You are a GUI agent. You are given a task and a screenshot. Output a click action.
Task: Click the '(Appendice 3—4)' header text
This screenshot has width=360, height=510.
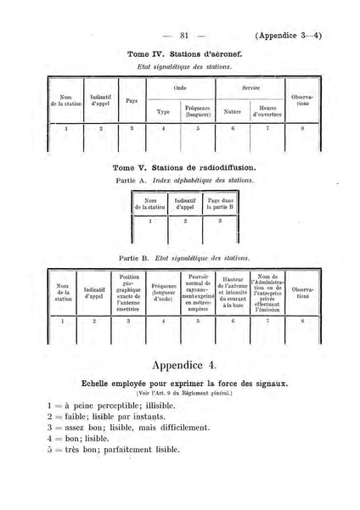pyautogui.click(x=293, y=36)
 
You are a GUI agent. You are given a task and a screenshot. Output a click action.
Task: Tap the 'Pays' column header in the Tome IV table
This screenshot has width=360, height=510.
pyautogui.click(x=132, y=100)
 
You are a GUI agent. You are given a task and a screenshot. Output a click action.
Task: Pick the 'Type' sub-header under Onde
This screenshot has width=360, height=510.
pyautogui.click(x=164, y=111)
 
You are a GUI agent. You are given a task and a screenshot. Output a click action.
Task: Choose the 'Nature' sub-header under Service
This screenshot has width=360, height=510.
pyautogui.click(x=232, y=111)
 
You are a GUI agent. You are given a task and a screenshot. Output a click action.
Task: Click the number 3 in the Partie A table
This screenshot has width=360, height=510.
pyautogui.click(x=220, y=221)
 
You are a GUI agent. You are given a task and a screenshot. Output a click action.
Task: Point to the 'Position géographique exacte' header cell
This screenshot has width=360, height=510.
pyautogui.click(x=130, y=293)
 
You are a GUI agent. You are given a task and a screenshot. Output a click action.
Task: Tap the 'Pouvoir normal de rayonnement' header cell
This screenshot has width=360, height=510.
pyautogui.click(x=200, y=293)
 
